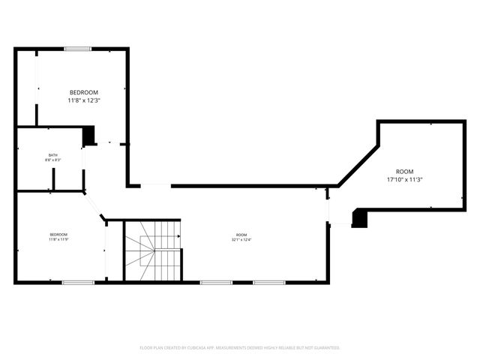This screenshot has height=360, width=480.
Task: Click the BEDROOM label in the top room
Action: [x=83, y=92]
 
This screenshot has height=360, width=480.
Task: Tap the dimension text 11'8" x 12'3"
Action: [x=83, y=100]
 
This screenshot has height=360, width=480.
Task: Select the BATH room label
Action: [x=52, y=154]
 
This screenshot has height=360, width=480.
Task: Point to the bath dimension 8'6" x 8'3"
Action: [x=52, y=160]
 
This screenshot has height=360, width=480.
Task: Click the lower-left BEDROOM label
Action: [x=58, y=235]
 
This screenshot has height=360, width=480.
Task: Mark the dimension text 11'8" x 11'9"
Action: [x=58, y=240]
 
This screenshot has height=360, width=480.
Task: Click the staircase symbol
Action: [x=152, y=251]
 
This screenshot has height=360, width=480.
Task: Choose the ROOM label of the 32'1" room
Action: [x=241, y=235]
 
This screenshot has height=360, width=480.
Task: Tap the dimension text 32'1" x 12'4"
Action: [x=241, y=240]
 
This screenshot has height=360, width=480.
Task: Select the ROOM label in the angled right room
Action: [x=405, y=172]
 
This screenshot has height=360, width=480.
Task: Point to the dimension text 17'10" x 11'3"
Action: [x=405, y=180]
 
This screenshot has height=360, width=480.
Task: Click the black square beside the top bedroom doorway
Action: [x=88, y=136]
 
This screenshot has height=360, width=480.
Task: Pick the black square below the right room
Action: [x=359, y=218]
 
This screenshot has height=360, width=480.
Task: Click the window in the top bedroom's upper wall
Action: [x=77, y=49]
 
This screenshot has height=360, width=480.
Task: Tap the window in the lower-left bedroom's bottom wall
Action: [x=78, y=282]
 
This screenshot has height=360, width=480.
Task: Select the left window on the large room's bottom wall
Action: [x=215, y=282]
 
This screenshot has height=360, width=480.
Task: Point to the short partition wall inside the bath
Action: [x=53, y=179]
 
